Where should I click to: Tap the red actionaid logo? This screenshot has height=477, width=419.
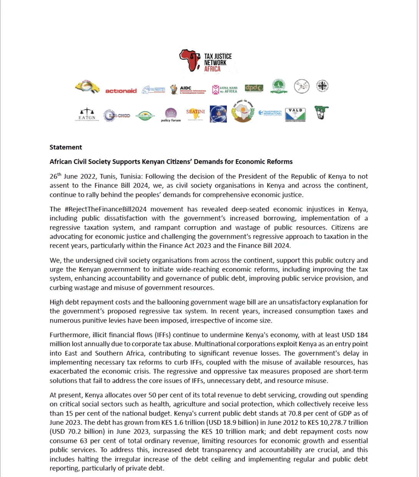(x=121, y=91)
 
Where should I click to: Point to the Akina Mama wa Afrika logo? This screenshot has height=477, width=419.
(x=225, y=89)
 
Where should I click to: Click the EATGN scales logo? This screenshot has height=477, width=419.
(x=87, y=114)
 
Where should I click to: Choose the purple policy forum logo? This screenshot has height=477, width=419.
(x=171, y=115)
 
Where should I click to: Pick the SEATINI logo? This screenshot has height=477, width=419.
(x=195, y=114)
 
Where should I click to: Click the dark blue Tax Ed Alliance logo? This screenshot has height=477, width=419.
(x=218, y=114)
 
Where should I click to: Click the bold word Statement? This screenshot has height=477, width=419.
(x=66, y=147)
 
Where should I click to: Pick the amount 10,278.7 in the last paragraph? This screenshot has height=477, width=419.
(x=329, y=422)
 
